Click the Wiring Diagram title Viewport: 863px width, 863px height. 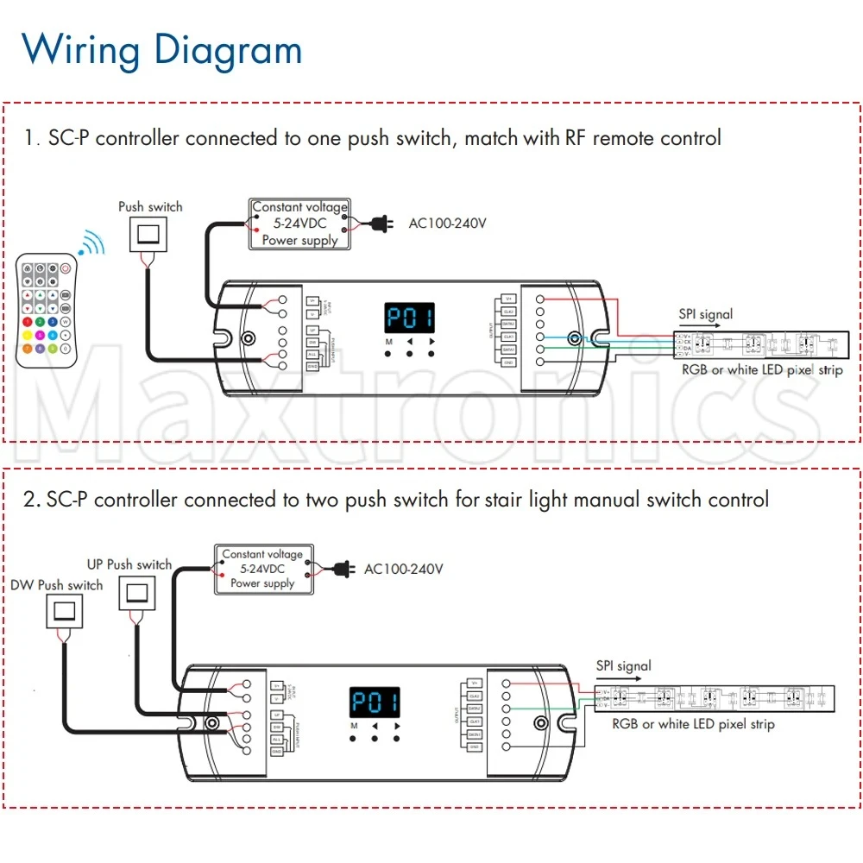coord(161,49)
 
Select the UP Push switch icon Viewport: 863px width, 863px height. coord(138,594)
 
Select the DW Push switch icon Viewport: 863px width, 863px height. coord(63,612)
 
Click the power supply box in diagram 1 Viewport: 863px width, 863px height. coord(299,224)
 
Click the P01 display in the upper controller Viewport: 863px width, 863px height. coord(409,318)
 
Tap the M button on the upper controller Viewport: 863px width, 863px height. coord(389,343)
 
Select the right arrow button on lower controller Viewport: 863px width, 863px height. coord(398,727)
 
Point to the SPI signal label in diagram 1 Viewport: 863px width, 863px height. coord(704,314)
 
